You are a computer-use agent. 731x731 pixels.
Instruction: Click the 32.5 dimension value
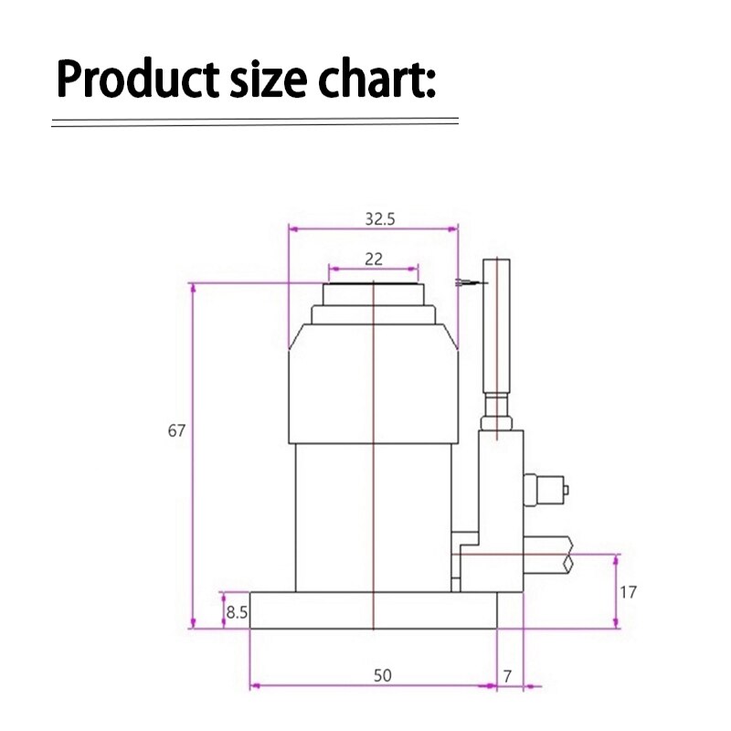coord(373,219)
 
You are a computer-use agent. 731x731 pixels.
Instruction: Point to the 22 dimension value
coord(373,260)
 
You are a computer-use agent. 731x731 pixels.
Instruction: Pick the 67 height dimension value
coord(176,430)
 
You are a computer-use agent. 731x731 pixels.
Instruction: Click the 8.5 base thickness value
coord(237,613)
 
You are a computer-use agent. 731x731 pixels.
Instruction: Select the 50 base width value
coord(382,676)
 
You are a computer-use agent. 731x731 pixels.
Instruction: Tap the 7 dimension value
coord(508,676)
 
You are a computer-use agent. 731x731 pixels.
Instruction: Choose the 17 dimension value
coord(628,592)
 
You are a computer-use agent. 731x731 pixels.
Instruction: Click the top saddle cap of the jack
coord(374,293)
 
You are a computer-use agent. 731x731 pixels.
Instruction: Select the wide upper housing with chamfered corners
coord(373,384)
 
